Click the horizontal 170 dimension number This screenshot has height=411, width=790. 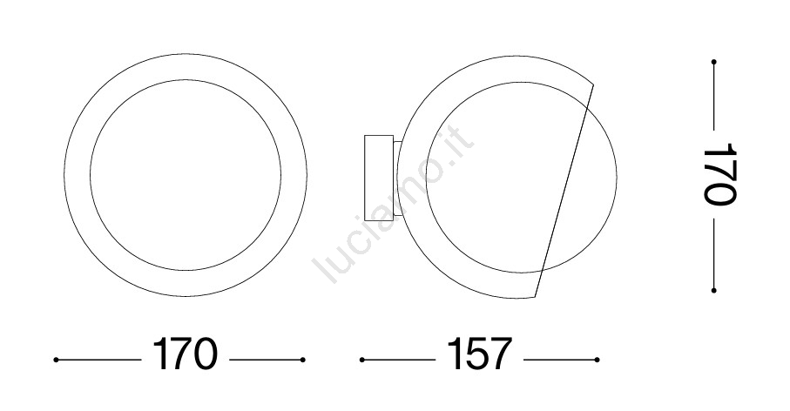coord(185,354)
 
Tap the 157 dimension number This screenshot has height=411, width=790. coord(480,354)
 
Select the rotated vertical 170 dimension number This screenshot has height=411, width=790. coord(719,174)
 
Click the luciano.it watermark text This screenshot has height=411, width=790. coord(393,204)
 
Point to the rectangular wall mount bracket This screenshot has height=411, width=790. coord(378,175)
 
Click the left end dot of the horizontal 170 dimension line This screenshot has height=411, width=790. coord(56,360)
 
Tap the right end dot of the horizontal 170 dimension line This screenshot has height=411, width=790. coord(303,360)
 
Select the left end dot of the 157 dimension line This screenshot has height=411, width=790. coord(362,360)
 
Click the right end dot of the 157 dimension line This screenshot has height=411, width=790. coord(597,360)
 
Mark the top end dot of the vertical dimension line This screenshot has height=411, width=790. coord(714,62)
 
